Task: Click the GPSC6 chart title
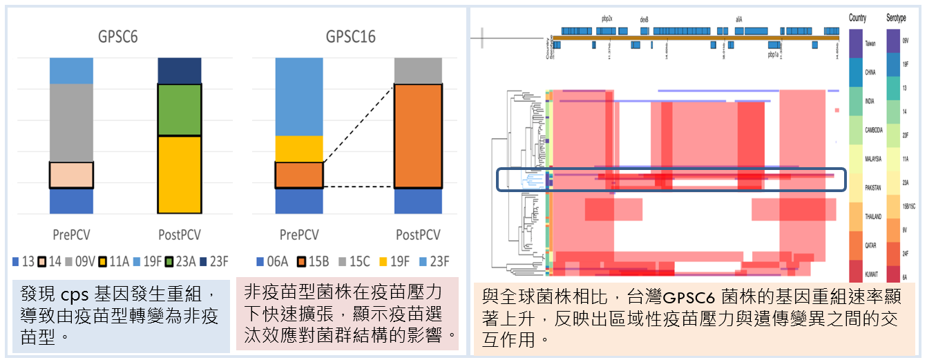pos(117,37)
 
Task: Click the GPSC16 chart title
pos(350,37)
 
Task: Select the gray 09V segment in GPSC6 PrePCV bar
pos(71,122)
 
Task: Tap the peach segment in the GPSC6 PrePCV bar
pos(71,175)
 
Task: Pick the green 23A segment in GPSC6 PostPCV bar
pos(180,110)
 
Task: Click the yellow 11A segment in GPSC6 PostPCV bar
pos(180,174)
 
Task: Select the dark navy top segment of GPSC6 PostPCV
pos(180,70)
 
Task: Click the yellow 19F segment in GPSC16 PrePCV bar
pos(298,149)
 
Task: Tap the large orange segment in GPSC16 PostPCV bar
pos(418,135)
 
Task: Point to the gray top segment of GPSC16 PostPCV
pos(418,70)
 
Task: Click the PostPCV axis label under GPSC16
pos(418,235)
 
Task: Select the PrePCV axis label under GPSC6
pos(72,235)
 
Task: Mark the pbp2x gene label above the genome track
pos(607,20)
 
